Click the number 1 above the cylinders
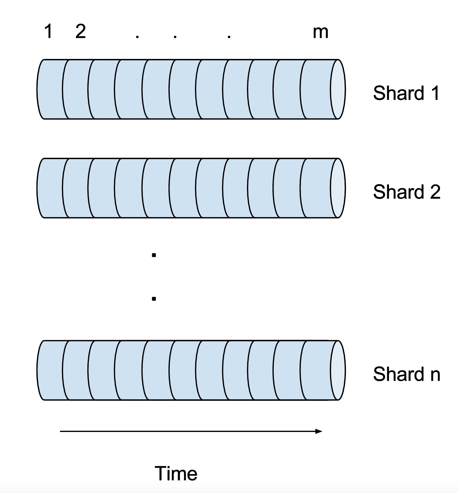tap(49, 31)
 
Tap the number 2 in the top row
tap(80, 31)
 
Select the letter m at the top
tap(320, 33)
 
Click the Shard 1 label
tap(406, 93)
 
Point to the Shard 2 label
tap(407, 192)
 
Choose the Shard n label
tap(407, 374)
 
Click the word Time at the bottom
tap(176, 473)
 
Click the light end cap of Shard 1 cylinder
tap(338, 89)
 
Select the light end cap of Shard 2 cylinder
tap(338, 188)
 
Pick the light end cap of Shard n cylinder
tap(338, 370)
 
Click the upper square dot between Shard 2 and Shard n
tap(154, 255)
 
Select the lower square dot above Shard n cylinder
tap(154, 299)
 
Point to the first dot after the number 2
tap(137, 37)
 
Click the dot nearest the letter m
tap(229, 37)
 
